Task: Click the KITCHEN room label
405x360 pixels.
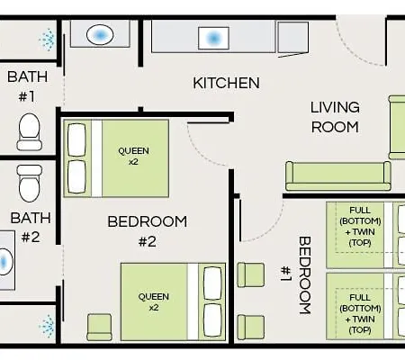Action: pyautogui.click(x=226, y=83)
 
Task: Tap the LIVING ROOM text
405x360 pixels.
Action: pyautogui.click(x=335, y=117)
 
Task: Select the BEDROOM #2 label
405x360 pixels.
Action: pyautogui.click(x=148, y=231)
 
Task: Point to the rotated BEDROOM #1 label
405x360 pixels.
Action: pyautogui.click(x=296, y=275)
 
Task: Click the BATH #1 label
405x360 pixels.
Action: pyautogui.click(x=27, y=86)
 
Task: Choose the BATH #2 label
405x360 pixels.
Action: pyautogui.click(x=31, y=228)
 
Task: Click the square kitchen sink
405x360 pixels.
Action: pyautogui.click(x=213, y=38)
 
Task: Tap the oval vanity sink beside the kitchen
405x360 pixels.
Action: pyautogui.click(x=100, y=35)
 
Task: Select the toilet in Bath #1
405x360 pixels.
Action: pyautogui.click(x=29, y=132)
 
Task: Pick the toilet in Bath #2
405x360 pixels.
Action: pyautogui.click(x=29, y=184)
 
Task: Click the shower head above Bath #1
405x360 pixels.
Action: pyautogui.click(x=48, y=40)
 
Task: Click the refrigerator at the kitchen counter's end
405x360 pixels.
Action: pyautogui.click(x=293, y=38)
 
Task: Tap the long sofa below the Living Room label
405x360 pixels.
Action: pyautogui.click(x=338, y=176)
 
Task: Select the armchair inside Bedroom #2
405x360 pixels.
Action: pyautogui.click(x=99, y=328)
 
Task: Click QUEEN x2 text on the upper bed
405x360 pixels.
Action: pyautogui.click(x=133, y=156)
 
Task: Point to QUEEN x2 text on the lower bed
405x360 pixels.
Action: pyautogui.click(x=154, y=302)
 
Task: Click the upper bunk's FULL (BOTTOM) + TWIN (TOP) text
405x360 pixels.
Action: pyautogui.click(x=360, y=227)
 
